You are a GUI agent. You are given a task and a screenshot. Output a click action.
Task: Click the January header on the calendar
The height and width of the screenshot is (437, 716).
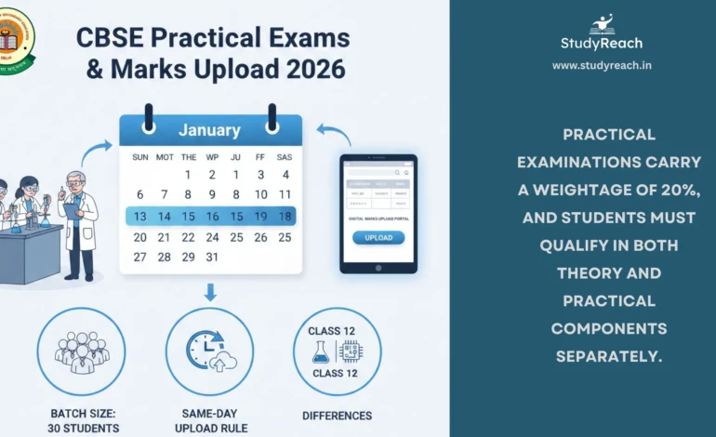209,130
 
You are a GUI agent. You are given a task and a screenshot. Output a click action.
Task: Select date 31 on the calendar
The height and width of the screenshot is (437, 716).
212,257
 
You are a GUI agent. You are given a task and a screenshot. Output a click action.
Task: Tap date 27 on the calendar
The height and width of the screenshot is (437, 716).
139,257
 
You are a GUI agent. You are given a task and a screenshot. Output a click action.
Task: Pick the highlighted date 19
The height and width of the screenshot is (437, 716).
260,216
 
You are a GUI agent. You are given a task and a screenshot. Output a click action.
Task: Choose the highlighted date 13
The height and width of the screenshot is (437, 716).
139,216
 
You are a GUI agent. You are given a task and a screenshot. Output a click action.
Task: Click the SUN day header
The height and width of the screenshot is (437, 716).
139,156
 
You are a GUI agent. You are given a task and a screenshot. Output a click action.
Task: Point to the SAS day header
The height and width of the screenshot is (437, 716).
285,156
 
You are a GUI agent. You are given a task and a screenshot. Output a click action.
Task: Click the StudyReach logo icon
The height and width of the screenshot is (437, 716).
602,23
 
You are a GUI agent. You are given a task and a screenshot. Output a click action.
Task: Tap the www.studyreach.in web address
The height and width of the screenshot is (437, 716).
602,65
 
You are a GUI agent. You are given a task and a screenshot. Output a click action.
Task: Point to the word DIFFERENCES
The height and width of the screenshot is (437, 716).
338,416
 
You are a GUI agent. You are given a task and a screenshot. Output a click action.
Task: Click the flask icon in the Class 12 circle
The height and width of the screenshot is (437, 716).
322,351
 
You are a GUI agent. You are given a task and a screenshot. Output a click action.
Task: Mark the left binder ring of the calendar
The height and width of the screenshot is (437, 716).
147,116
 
